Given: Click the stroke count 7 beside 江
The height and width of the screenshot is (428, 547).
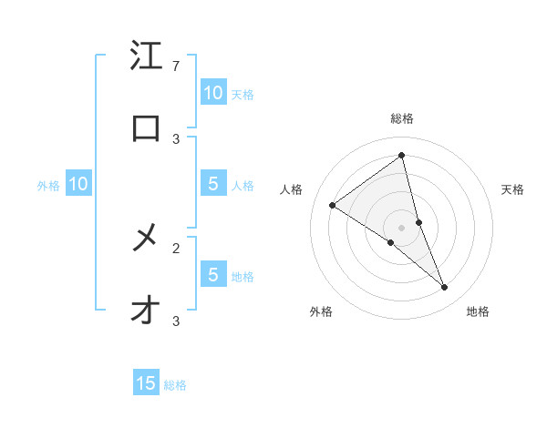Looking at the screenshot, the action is click(176, 66).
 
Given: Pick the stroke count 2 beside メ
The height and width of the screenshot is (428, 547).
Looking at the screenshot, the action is click(176, 248).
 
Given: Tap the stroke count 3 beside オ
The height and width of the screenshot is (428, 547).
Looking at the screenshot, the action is click(176, 321).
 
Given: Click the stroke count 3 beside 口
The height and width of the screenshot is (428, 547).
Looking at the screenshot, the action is click(176, 138).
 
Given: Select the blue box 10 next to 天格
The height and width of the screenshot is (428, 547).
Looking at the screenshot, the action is click(212, 92).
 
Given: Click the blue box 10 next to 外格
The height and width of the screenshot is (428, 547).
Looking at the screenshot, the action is click(78, 185).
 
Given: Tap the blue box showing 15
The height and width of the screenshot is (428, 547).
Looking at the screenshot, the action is click(146, 383).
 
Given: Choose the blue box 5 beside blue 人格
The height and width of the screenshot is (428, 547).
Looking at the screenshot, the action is click(212, 184).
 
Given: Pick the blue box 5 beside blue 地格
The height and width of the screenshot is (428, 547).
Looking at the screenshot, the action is click(212, 275).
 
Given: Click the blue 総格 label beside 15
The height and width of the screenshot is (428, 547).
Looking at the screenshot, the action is click(175, 385).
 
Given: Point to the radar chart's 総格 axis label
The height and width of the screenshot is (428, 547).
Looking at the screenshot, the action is click(401, 118).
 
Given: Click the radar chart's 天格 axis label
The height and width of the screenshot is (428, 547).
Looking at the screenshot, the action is click(513, 189).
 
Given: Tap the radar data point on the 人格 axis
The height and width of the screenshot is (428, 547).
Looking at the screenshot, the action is click(333, 205).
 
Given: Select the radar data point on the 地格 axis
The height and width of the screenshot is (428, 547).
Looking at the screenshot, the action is click(445, 288).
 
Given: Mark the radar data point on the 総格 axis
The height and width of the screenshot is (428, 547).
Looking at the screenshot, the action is click(401, 156).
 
